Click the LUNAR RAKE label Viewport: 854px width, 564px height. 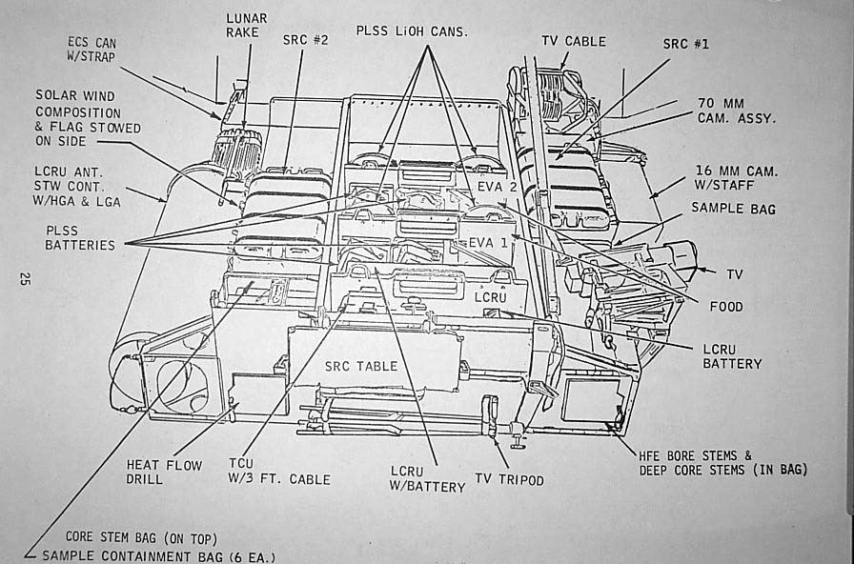coord(246,26)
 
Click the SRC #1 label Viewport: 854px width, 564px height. coord(686,44)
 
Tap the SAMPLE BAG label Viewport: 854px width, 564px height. coord(733,208)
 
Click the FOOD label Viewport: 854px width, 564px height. coord(726,307)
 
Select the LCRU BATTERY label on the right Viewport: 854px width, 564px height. coord(733,355)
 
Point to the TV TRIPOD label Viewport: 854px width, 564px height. coord(509,480)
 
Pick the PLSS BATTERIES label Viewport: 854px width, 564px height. coord(79,237)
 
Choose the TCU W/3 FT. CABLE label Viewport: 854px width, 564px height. coord(280,472)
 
